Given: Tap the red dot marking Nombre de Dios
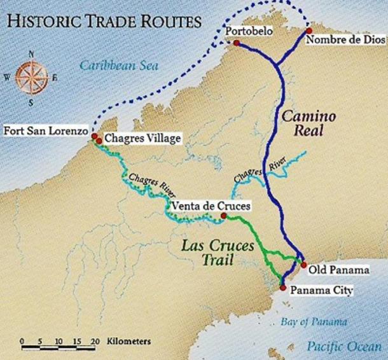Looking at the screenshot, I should [x=308, y=31].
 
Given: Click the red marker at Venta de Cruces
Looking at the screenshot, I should [x=223, y=216].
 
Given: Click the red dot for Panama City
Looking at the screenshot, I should [x=282, y=288].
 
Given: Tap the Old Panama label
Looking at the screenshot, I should [x=338, y=270].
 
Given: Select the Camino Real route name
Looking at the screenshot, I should [x=303, y=124].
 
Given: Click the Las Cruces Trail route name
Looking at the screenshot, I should [x=212, y=252].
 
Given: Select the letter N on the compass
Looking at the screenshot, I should [x=28, y=53].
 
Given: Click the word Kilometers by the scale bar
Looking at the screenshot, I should [x=130, y=342].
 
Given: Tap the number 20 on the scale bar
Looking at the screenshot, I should [x=95, y=342].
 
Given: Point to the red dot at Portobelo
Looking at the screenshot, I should [x=237, y=43].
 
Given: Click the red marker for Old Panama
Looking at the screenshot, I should [x=303, y=265].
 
